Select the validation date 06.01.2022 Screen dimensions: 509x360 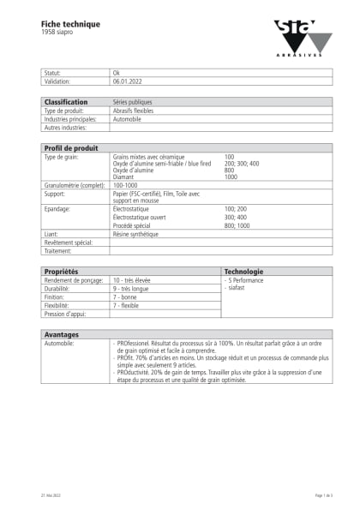pyautogui.click(x=128, y=81)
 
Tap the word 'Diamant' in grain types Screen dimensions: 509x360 pyautogui.click(x=125, y=177)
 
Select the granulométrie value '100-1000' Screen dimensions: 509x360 pyautogui.click(x=125, y=184)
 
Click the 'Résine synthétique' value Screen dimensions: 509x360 pyautogui.click(x=134, y=233)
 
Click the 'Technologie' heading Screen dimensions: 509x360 pyautogui.click(x=244, y=271)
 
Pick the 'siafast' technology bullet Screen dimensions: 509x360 pyautogui.click(x=237, y=289)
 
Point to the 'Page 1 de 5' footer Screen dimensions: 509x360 pyautogui.click(x=322, y=496)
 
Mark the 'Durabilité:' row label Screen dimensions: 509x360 pyautogui.click(x=58, y=289)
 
